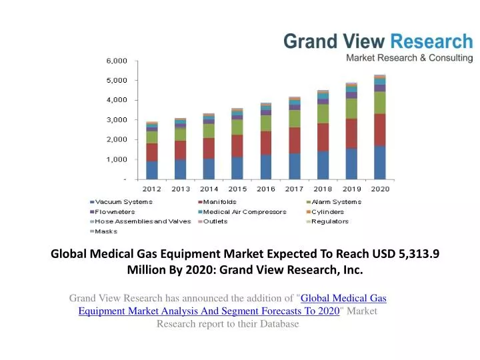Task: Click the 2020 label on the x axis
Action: point(380,189)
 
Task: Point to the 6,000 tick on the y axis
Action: point(117,61)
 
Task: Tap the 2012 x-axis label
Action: point(151,189)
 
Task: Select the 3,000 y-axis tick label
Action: point(117,120)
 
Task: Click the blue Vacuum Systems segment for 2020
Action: point(380,163)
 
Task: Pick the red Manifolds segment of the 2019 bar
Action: point(351,133)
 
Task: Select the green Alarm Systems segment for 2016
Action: point(266,123)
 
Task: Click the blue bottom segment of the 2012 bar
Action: point(152,170)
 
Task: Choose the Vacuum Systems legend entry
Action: point(123,202)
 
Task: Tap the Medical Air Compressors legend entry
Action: point(244,212)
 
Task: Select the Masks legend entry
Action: point(106,231)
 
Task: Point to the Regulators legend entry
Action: point(330,221)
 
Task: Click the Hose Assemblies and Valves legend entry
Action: point(133,221)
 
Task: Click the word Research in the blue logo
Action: point(431,41)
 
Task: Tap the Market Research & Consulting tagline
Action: point(409,58)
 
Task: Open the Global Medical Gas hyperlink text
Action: point(345,298)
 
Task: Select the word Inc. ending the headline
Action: point(353,270)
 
